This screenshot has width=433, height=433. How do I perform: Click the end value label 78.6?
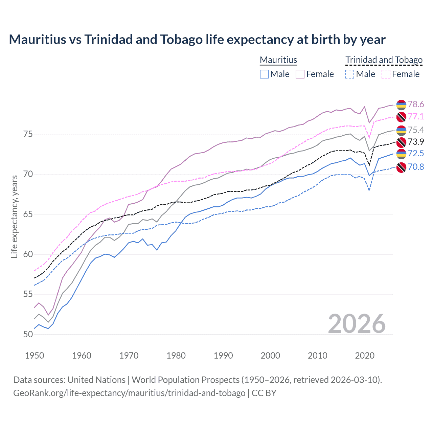click(416, 104)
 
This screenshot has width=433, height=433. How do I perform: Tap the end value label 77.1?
click(416, 116)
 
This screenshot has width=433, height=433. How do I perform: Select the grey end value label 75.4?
click(416, 130)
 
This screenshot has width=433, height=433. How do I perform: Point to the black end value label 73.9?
click(416, 142)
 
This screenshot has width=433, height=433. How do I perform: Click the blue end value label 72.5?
click(416, 153)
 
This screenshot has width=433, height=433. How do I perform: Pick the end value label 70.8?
click(416, 167)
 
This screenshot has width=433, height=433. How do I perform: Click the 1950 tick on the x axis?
click(35, 356)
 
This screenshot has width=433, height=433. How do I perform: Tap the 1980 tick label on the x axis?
click(176, 356)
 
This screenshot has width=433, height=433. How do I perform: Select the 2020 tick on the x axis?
click(365, 356)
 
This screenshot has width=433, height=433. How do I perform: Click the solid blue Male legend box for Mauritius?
click(264, 74)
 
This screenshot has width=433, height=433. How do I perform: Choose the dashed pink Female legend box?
click(386, 74)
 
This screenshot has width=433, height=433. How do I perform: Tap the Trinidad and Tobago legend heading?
click(384, 60)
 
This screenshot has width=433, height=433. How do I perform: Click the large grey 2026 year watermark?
click(357, 324)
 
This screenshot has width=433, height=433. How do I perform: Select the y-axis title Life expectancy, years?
click(14, 216)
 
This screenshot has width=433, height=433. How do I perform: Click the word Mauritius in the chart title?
click(38, 40)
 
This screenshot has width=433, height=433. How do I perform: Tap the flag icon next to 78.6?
click(401, 105)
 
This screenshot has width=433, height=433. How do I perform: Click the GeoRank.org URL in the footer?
click(129, 393)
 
